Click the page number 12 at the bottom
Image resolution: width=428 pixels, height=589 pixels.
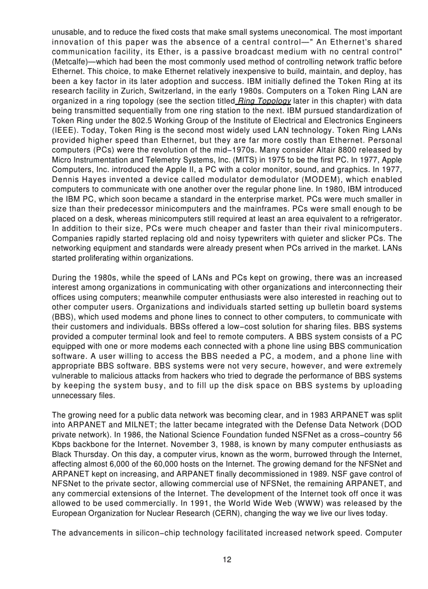tap(227, 559)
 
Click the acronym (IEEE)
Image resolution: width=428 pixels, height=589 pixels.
tap(65, 131)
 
